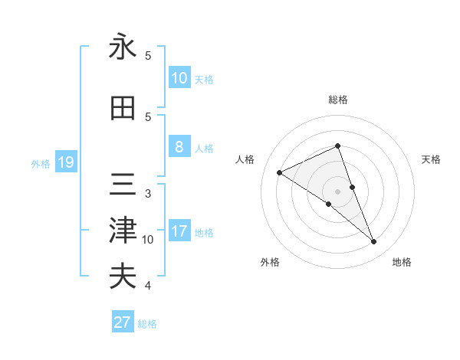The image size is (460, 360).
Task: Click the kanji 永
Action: coord(123,47)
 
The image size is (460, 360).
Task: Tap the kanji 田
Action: coord(123,109)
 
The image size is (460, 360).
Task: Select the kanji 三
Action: coord(123,184)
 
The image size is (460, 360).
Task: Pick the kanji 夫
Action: coord(123,276)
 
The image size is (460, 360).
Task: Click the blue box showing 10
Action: coord(179,78)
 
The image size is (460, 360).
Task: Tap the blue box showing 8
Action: coord(179,147)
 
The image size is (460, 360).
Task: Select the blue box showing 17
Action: coord(179,232)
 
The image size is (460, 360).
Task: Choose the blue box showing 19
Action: coord(65,162)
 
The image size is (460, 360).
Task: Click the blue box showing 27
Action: coord(123,322)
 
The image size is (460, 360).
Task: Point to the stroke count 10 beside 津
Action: coord(148,240)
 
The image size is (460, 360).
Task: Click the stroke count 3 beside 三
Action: coord(148,193)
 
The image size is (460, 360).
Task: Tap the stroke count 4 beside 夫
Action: coord(148,286)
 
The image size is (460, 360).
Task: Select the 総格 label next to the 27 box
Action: coord(147,324)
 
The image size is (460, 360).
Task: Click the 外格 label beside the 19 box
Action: coord(41,163)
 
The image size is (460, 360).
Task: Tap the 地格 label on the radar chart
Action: coord(402,262)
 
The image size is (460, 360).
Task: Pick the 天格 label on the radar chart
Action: coord(431,159)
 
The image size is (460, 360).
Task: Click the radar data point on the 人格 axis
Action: coord(279,172)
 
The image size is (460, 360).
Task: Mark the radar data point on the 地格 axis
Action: coord(374,242)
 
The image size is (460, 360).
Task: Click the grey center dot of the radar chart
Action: coord(337,191)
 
